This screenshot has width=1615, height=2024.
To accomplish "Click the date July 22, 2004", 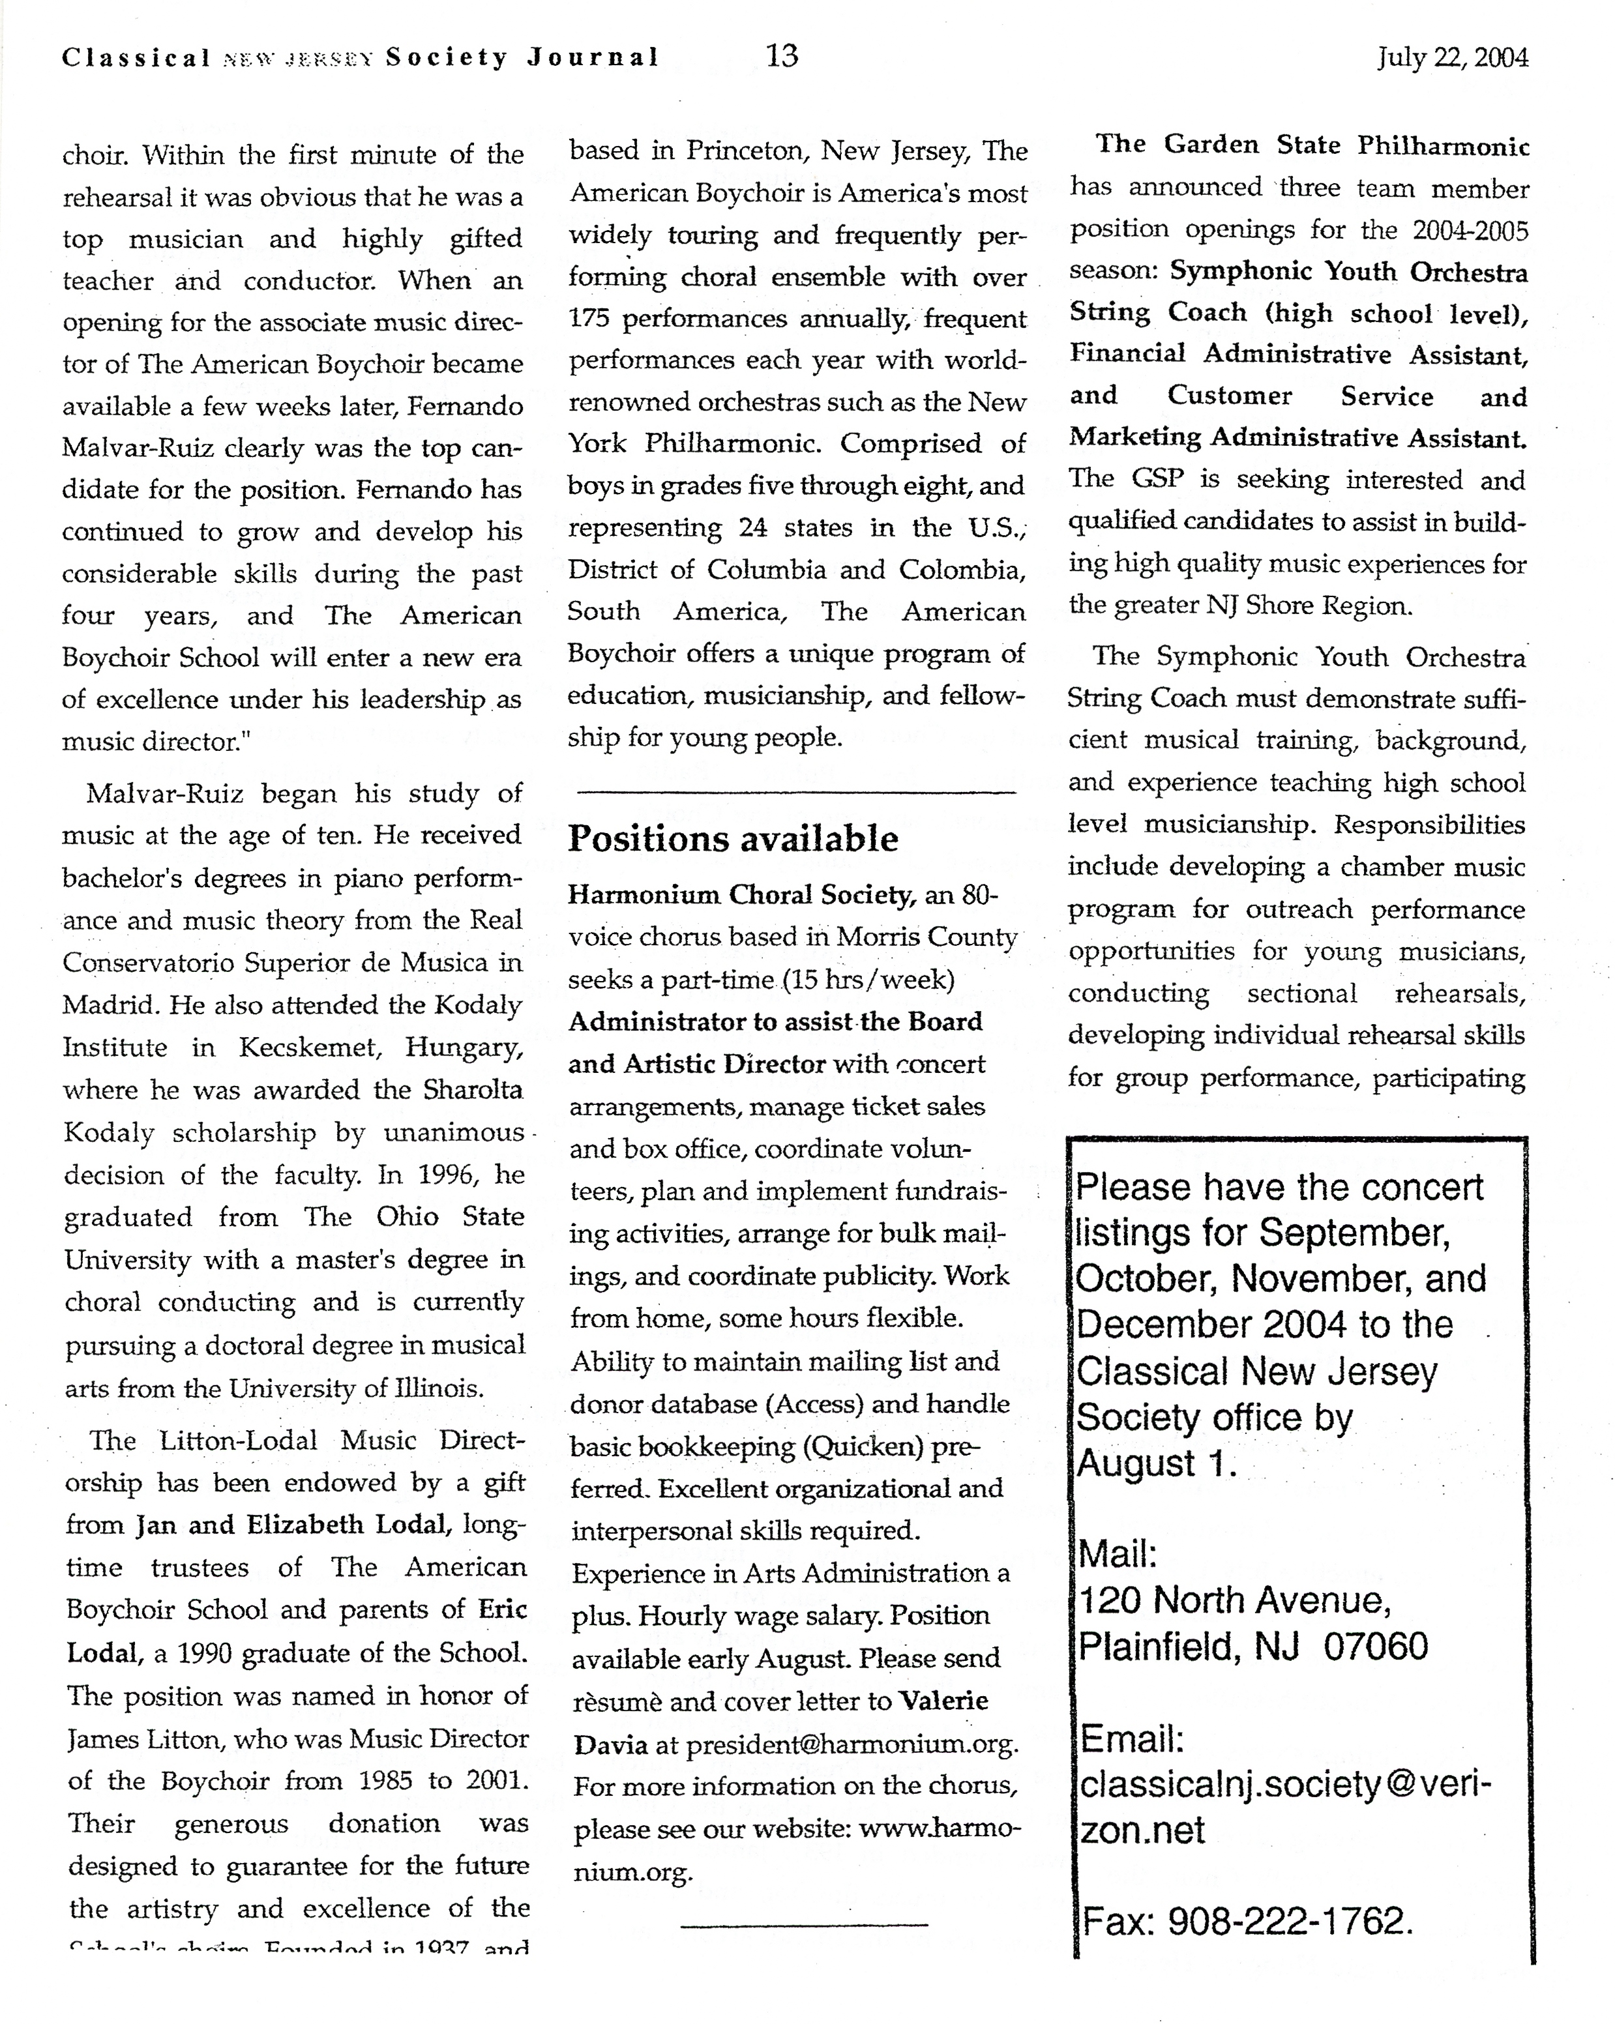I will pos(1453,58).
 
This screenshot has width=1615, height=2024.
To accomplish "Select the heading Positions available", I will pos(732,838).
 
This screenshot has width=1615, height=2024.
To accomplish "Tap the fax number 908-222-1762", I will pos(1290,1922).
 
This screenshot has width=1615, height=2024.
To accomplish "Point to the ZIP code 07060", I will pos(1376,1647).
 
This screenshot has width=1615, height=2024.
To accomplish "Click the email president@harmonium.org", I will pos(851,1744).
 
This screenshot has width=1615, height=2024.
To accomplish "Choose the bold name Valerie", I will pos(943,1701).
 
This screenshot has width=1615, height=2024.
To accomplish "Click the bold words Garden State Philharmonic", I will pos(1346,145).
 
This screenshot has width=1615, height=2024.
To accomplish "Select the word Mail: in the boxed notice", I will pos(1118,1555).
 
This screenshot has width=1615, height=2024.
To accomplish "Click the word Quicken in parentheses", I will pos(861,1446).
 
